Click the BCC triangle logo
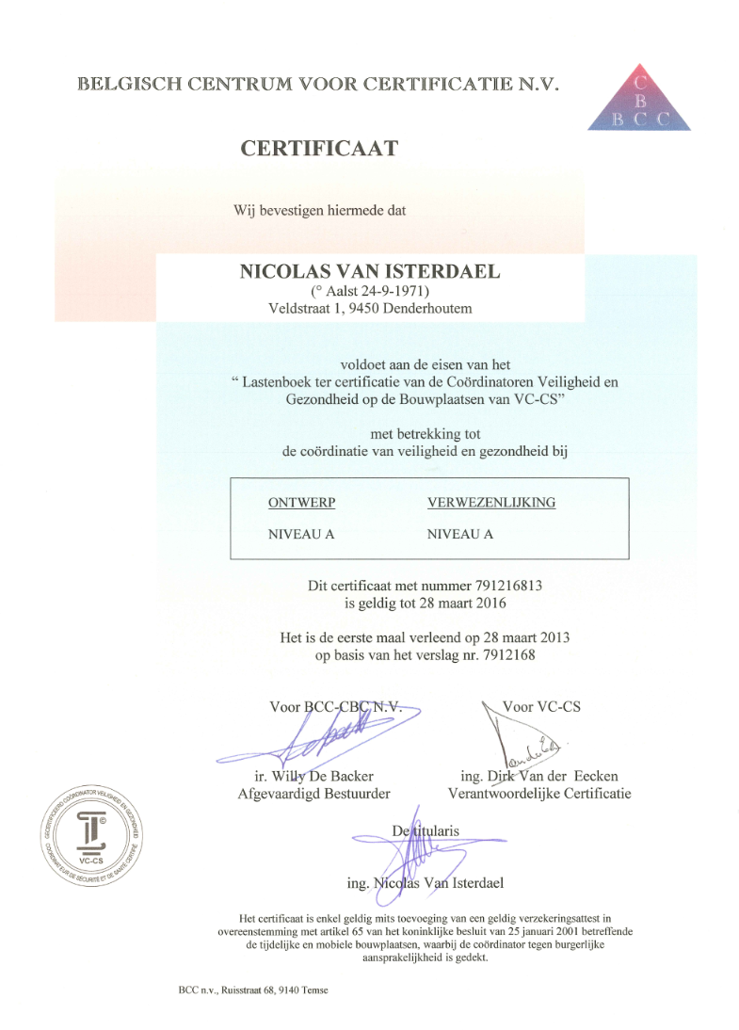click(x=638, y=99)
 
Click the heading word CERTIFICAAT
click(x=319, y=148)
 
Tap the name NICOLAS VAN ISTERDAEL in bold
click(x=369, y=271)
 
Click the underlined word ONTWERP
click(x=302, y=502)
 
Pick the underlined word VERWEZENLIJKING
click(x=490, y=502)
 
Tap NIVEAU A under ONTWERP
click(x=301, y=533)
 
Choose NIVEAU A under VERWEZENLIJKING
click(x=460, y=533)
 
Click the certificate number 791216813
click(x=498, y=586)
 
